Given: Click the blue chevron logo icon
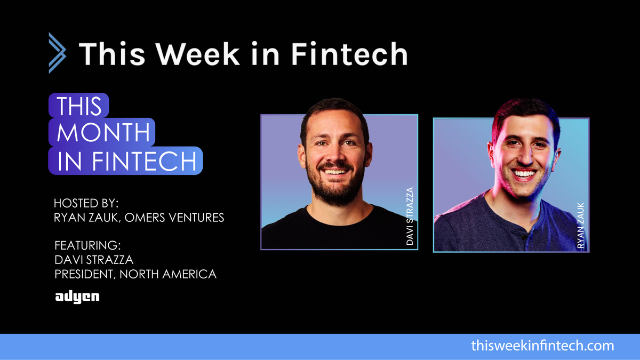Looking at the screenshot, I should (57, 53).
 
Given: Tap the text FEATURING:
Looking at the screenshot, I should (88, 246).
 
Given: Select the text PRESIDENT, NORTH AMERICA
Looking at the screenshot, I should (135, 274).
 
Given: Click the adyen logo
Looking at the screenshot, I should (77, 297).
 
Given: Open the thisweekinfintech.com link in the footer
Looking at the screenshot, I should (542, 346).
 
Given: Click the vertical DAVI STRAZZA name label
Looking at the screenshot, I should (410, 216).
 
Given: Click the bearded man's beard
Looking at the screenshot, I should (335, 190).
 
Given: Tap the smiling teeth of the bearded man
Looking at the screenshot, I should (335, 172).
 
